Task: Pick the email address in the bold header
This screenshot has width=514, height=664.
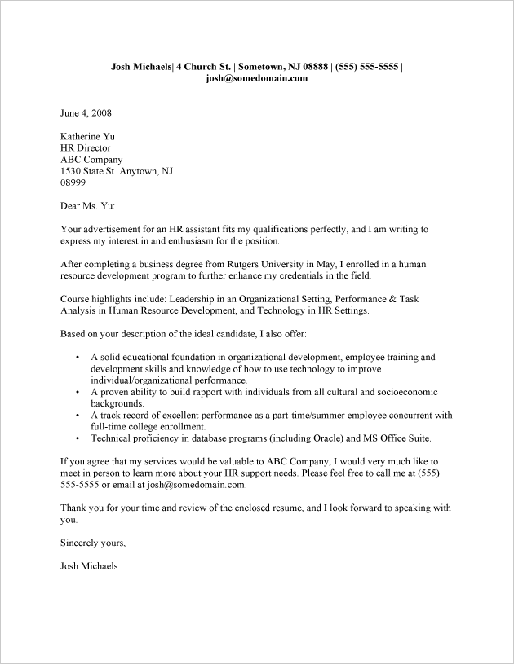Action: point(256,78)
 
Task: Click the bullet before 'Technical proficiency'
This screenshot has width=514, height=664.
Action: point(77,438)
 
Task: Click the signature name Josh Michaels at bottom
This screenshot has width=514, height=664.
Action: point(90,565)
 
